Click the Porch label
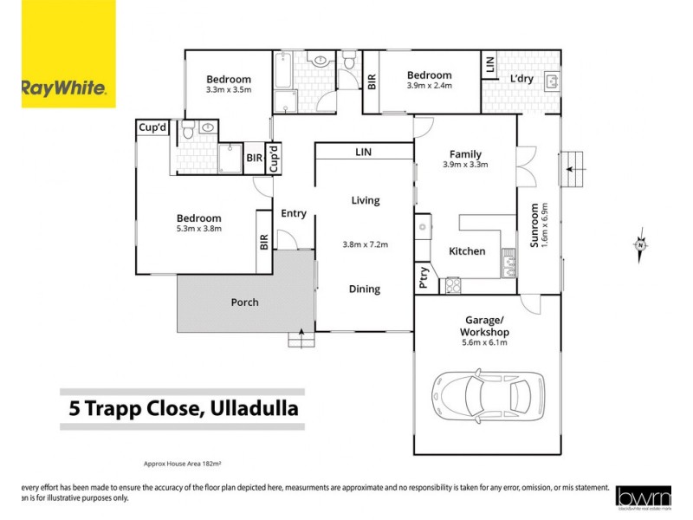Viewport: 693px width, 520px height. coord(244,302)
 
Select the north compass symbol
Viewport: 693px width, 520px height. coord(639,245)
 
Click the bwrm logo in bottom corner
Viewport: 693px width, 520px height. coord(644,496)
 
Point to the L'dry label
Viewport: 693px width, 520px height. coord(521,79)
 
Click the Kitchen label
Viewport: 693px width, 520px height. coord(467,251)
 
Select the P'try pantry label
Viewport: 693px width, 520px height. coord(424,276)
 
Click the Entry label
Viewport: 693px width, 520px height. coord(294,213)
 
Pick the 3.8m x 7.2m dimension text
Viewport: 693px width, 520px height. coord(365,244)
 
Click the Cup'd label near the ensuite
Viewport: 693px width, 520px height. coord(152,127)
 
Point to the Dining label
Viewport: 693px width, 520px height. coord(365,289)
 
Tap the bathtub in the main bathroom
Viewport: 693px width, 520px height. coord(283,82)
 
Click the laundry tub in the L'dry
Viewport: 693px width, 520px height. coord(551,81)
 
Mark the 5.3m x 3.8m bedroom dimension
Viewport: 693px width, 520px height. coord(199,229)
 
